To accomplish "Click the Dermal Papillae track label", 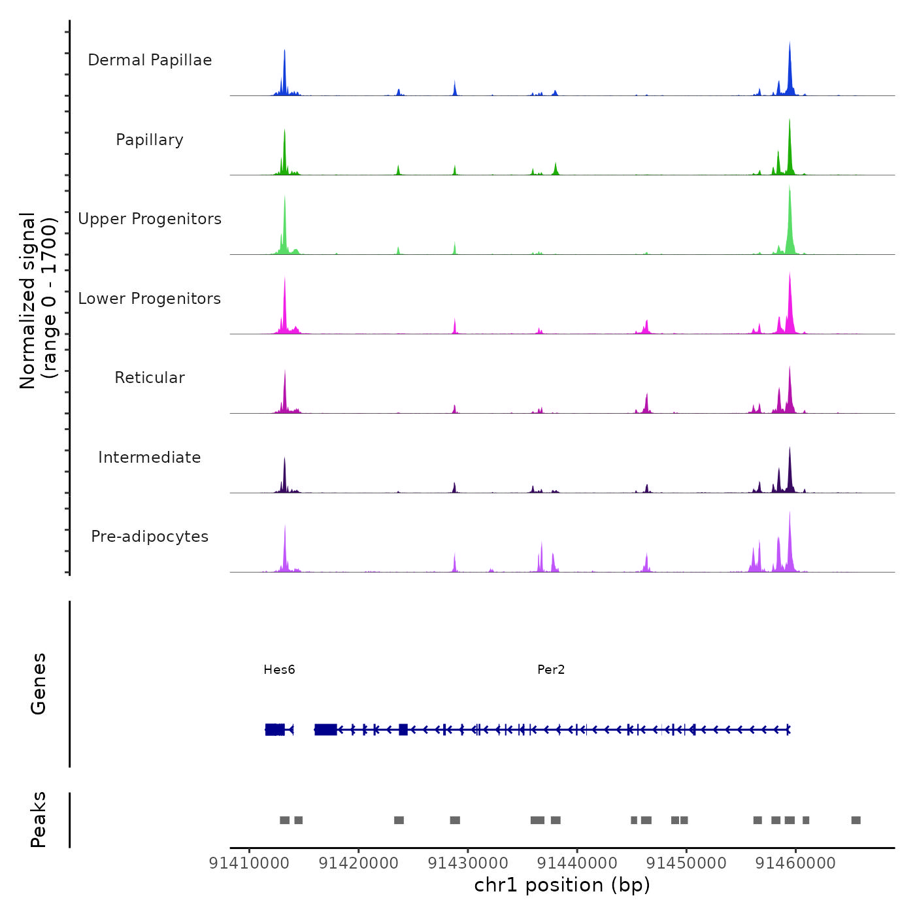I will (150, 60).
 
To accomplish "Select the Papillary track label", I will (150, 140).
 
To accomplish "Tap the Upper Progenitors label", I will (150, 219).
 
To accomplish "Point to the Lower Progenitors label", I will (150, 299).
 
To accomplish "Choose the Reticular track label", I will (150, 378).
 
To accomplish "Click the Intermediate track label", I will (150, 457).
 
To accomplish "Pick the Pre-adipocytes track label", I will (150, 537).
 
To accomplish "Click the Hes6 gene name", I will (279, 669).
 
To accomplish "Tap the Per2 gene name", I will (551, 669).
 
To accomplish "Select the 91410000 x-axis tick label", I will (249, 863).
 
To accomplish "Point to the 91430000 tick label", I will (468, 863).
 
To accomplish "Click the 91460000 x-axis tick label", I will (795, 863).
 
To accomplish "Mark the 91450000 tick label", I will (686, 863).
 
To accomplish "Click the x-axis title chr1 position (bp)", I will (562, 885).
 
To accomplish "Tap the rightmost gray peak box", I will (856, 820).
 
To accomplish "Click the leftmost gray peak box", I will (284, 820).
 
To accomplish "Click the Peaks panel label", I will (39, 820).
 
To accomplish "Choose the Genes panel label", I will (39, 684).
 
